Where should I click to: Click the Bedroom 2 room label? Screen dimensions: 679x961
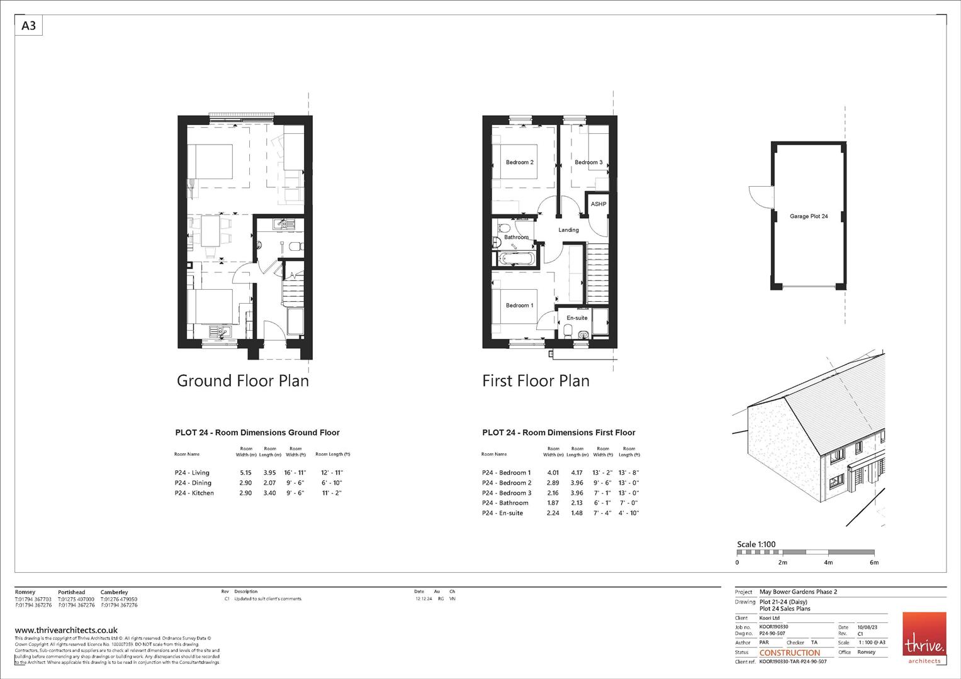(x=519, y=162)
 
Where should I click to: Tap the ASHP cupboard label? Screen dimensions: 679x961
(x=598, y=204)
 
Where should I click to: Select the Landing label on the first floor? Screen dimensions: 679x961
(x=568, y=230)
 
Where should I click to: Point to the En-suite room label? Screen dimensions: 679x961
(x=576, y=318)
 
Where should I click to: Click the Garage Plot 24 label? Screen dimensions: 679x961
(x=809, y=216)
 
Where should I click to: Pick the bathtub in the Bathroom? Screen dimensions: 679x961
(x=515, y=258)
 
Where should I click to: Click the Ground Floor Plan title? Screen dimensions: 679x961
(x=242, y=381)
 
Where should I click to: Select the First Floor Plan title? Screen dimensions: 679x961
(x=536, y=381)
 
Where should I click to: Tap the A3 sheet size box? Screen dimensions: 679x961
(x=29, y=26)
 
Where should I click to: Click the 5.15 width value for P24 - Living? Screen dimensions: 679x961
(x=245, y=473)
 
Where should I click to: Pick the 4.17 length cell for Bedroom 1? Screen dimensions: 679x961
(x=576, y=473)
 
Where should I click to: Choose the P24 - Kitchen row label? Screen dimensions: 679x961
(x=194, y=493)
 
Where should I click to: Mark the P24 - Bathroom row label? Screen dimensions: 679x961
(x=505, y=503)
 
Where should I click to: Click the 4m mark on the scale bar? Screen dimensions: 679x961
(x=828, y=563)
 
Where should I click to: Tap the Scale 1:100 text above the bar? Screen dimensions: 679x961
(x=756, y=544)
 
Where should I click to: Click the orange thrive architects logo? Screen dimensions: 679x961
(x=924, y=638)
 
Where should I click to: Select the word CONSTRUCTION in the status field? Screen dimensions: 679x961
(x=790, y=653)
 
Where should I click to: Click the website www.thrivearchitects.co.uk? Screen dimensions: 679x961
(x=66, y=630)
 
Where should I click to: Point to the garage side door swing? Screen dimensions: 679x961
(x=757, y=196)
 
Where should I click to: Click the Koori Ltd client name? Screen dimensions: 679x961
(x=769, y=618)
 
